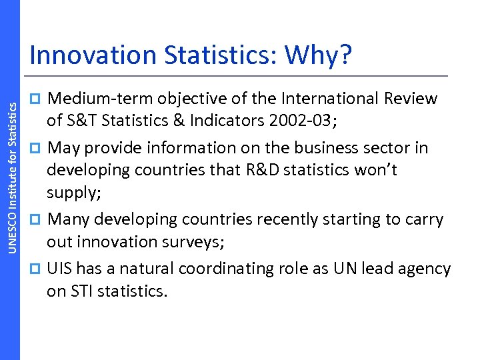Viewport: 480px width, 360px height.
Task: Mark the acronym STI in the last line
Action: click(x=81, y=291)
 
